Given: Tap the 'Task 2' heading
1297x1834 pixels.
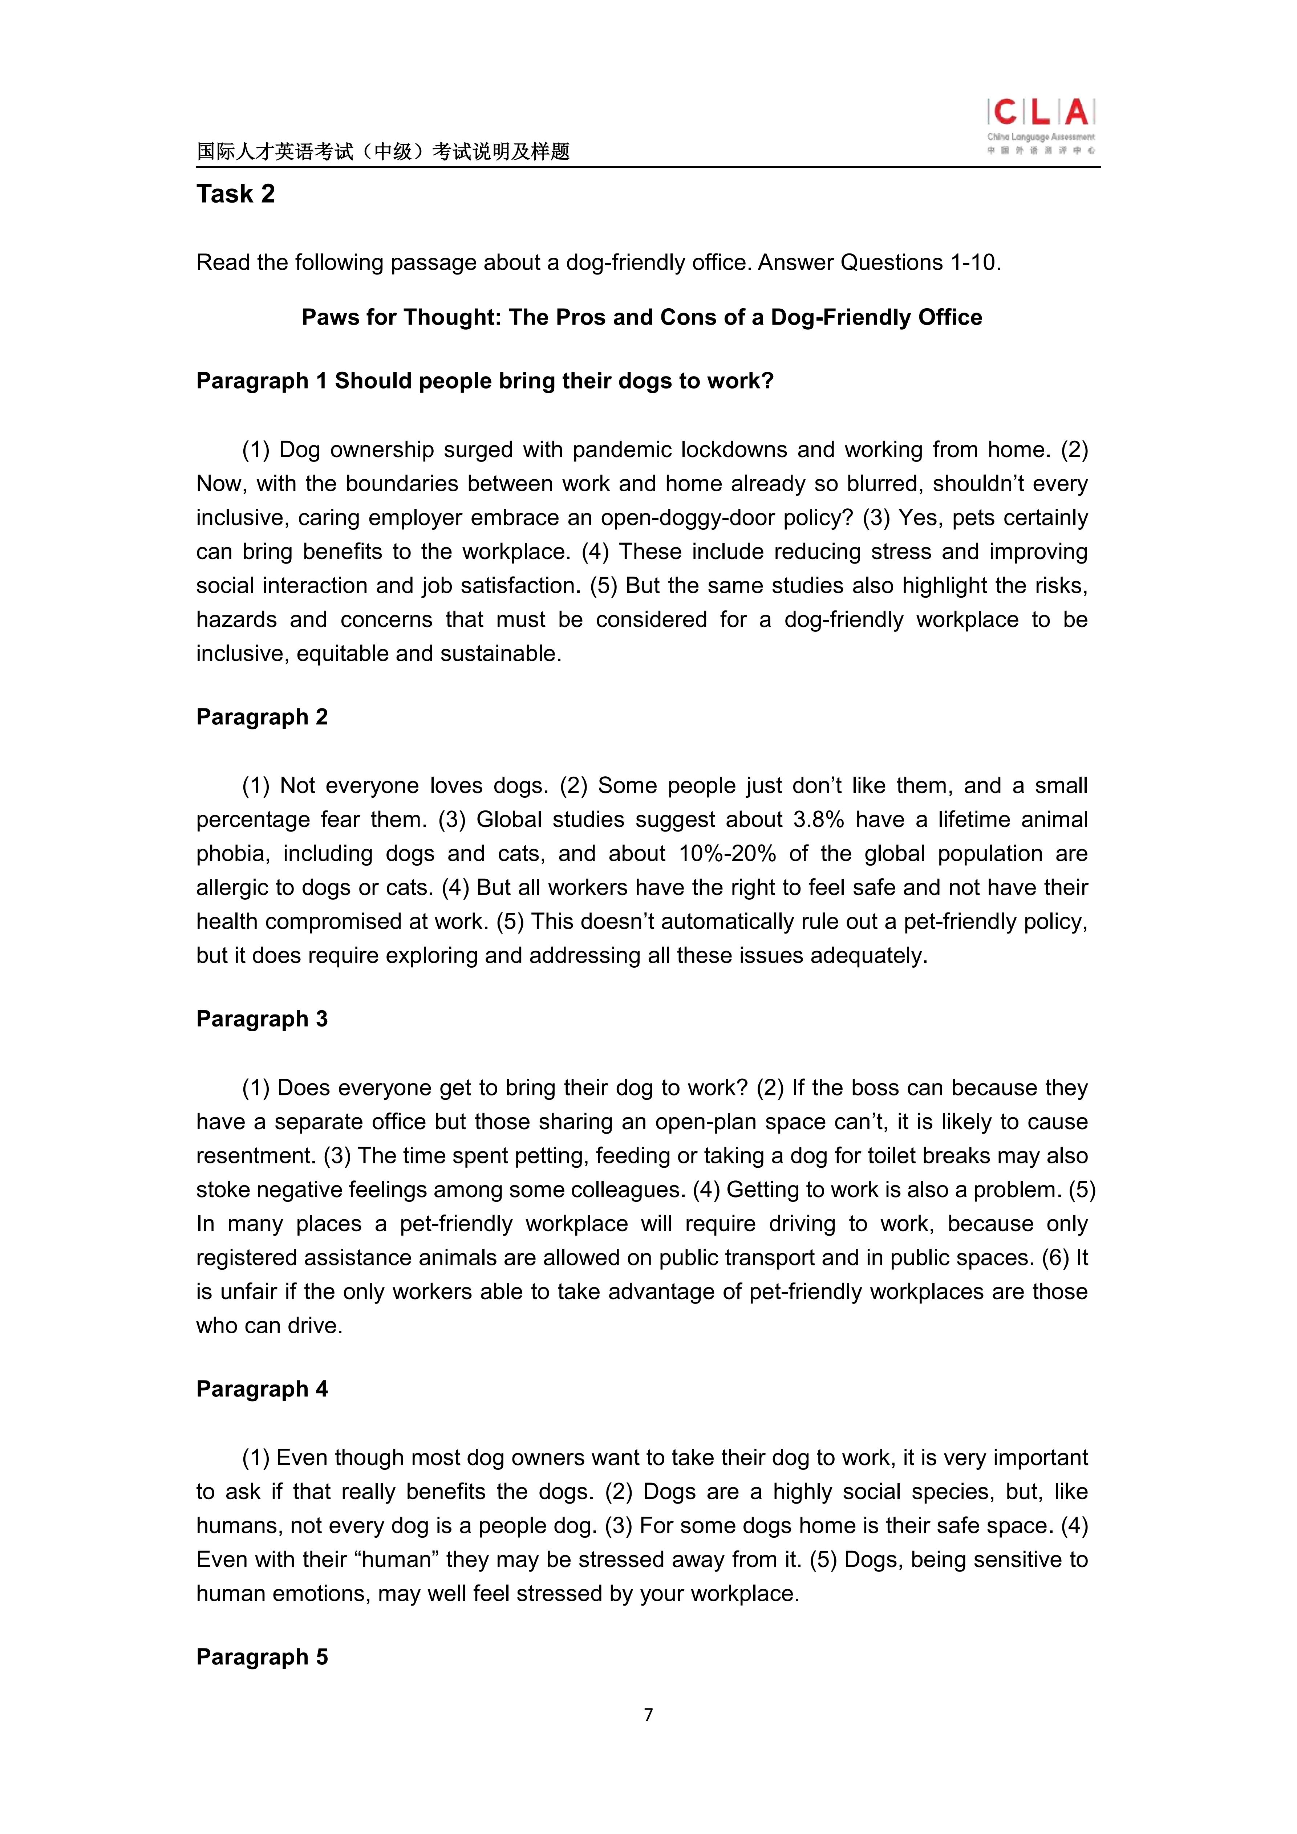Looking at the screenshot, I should point(236,194).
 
